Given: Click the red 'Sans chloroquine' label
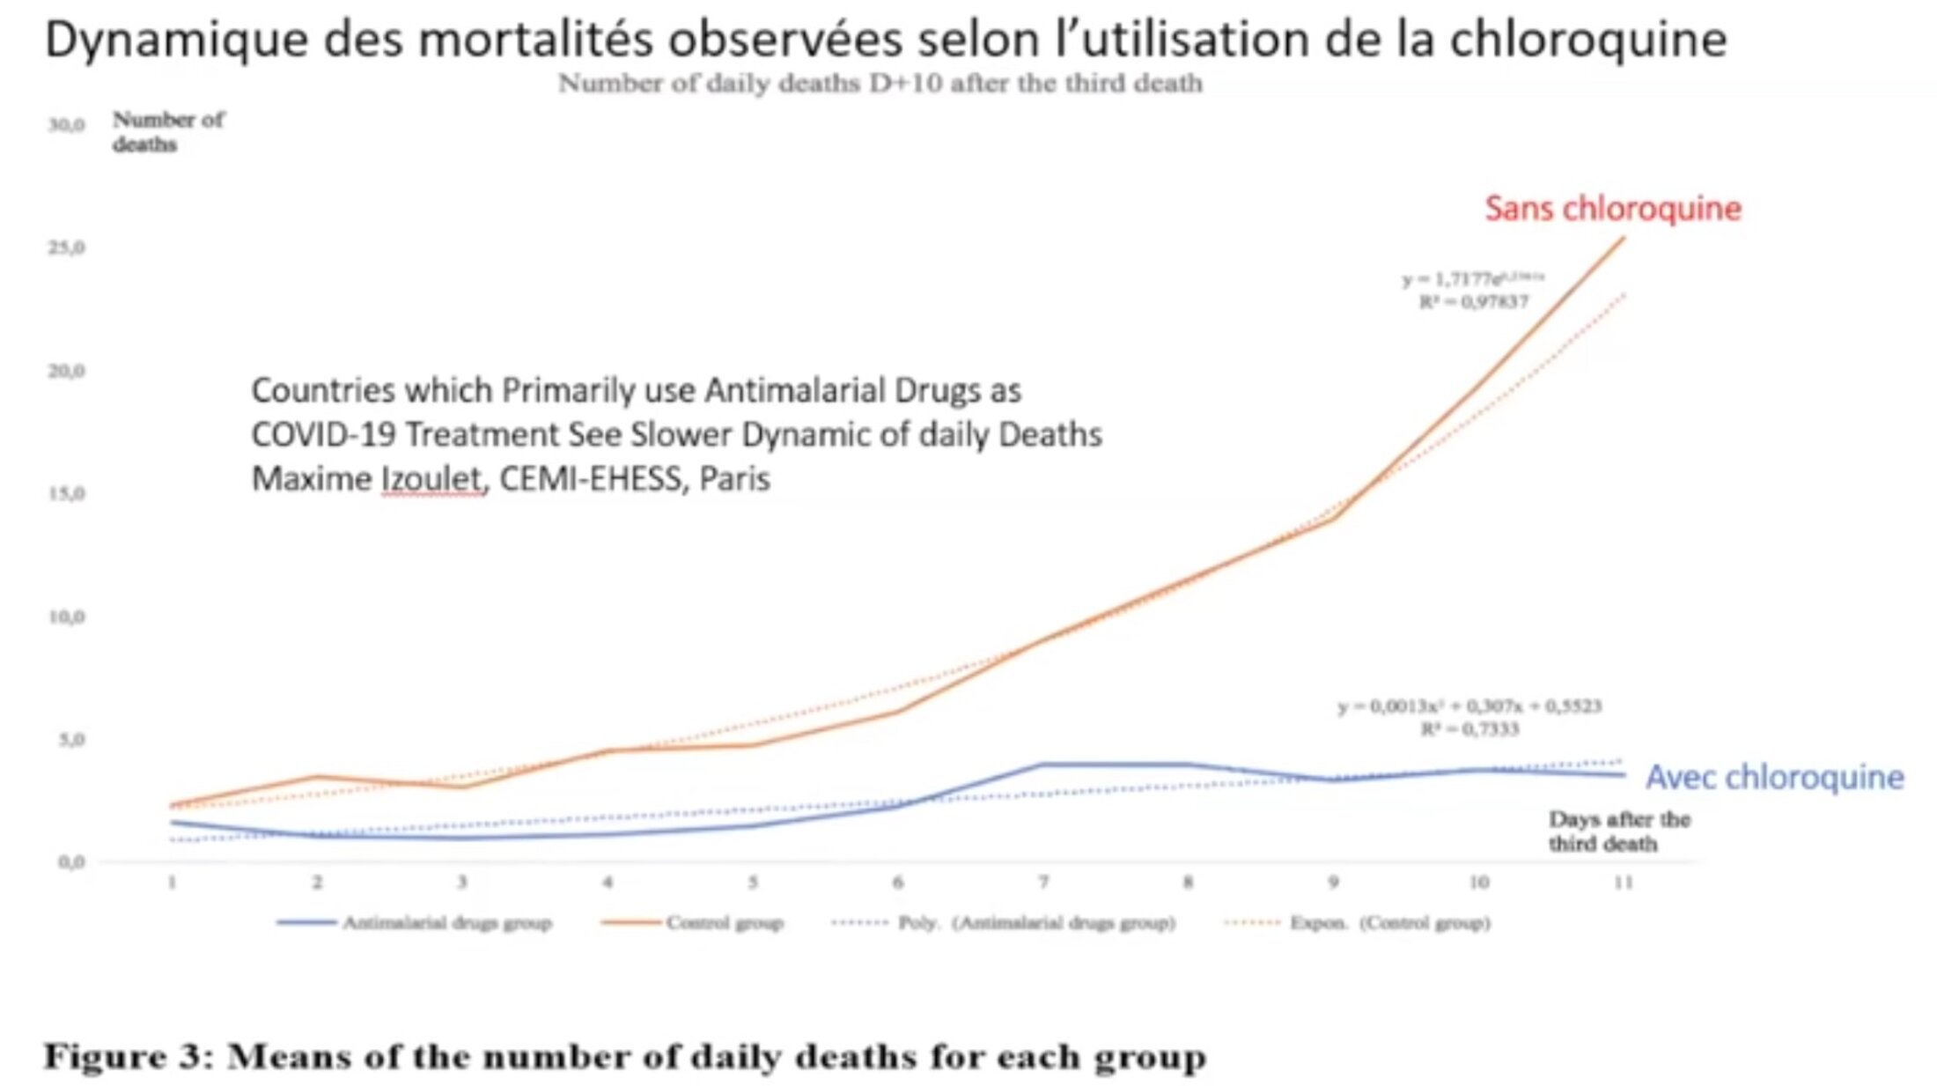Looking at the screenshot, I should tap(1612, 209).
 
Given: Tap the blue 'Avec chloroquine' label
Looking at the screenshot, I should tap(1774, 777).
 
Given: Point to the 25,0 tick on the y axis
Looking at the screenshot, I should tap(67, 247).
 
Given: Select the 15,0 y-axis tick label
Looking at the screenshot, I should tap(67, 493).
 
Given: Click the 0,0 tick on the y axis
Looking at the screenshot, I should tap(71, 861).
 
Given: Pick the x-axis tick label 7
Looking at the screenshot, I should tap(1042, 882).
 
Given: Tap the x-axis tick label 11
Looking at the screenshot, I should tap(1623, 882).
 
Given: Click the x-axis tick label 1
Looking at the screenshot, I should tap(173, 882).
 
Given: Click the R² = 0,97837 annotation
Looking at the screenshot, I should tap(1473, 302).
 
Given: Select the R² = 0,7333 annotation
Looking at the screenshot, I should tap(1469, 729).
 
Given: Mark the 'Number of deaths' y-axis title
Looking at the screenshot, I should tap(167, 131).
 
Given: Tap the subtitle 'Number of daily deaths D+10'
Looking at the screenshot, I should tap(749, 84).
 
